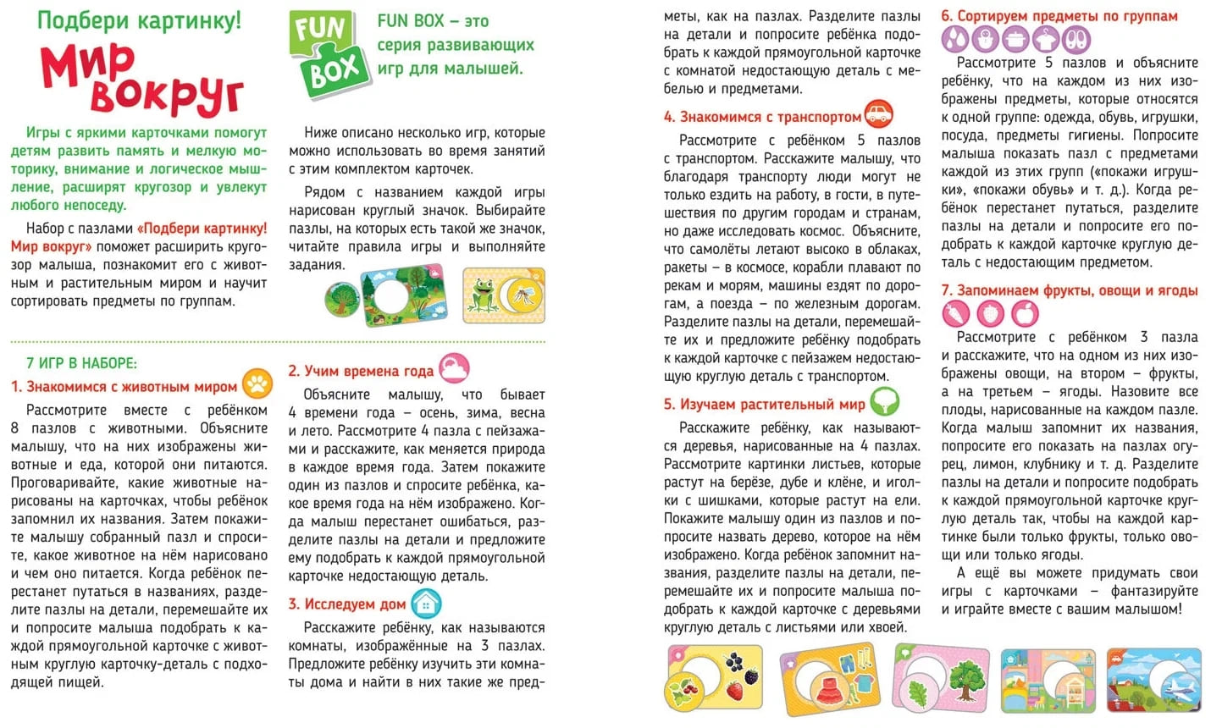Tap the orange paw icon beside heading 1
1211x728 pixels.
pos(257,384)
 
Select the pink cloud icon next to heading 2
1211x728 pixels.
pos(455,368)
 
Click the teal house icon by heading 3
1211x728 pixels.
pos(426,603)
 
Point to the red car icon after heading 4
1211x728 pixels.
pos(880,114)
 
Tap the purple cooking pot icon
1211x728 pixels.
pos(1015,39)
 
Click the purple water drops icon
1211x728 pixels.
pos(955,39)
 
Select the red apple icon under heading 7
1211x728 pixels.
pos(1026,313)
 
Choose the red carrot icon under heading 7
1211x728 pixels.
pos(956,313)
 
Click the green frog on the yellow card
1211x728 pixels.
pos(485,296)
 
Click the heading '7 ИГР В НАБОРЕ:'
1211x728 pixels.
pos(81,363)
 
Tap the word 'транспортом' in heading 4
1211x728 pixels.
pos(813,117)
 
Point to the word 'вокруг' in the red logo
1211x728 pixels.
pos(166,95)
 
